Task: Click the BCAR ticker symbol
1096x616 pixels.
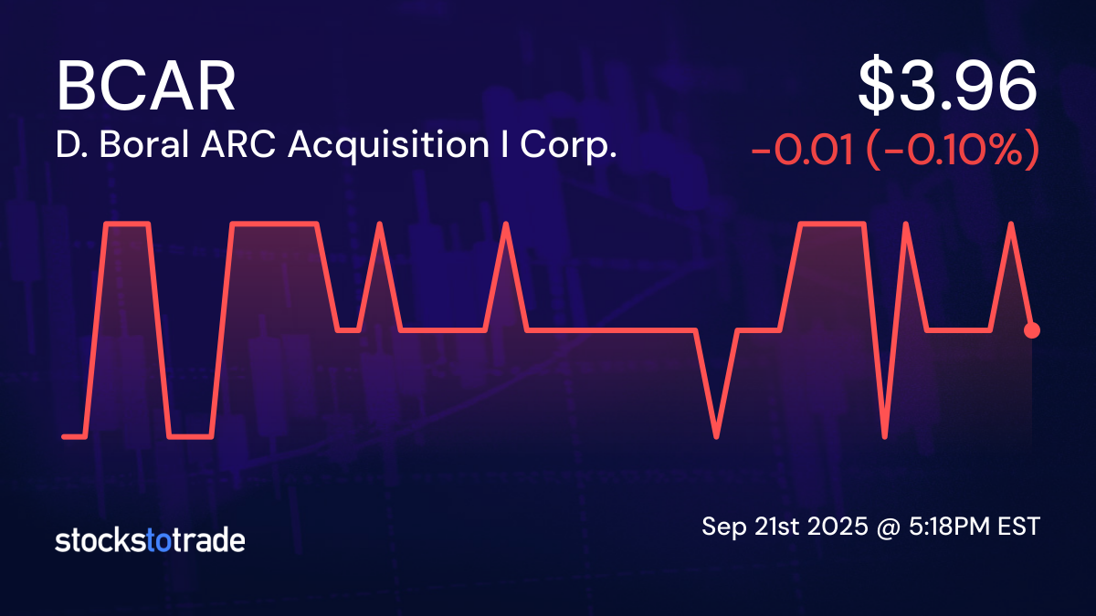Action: coord(146,88)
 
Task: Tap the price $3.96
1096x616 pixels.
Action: coord(947,88)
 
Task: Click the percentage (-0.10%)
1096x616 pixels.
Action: coord(953,150)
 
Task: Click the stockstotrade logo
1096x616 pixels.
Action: coord(150,540)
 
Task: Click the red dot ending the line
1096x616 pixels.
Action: coord(1032,329)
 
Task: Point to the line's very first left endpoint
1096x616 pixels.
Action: coord(63,436)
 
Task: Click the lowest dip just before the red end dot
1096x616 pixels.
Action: coord(885,436)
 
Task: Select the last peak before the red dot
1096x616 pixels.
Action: coord(1011,223)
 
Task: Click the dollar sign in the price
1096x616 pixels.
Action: coord(880,88)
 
